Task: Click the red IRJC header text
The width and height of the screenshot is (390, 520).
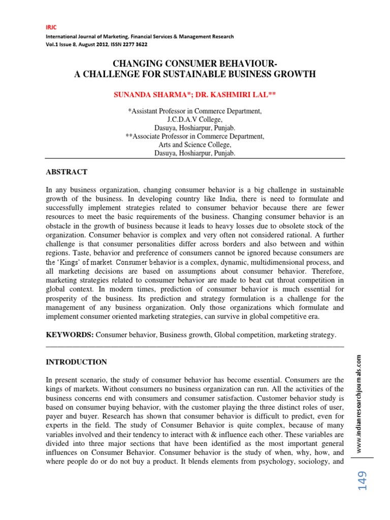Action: [x=51, y=27]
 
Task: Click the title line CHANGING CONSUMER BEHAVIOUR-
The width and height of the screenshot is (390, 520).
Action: [x=195, y=64]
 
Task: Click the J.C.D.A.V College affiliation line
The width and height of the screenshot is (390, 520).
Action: [x=195, y=119]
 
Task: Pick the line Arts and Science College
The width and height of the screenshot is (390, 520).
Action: [x=195, y=145]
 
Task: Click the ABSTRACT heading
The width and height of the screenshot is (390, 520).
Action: [x=67, y=172]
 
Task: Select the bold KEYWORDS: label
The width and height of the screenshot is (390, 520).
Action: [x=70, y=335]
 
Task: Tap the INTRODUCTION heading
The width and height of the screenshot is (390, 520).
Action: [x=76, y=362]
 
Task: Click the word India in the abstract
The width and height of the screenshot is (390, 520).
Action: [x=193, y=199]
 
